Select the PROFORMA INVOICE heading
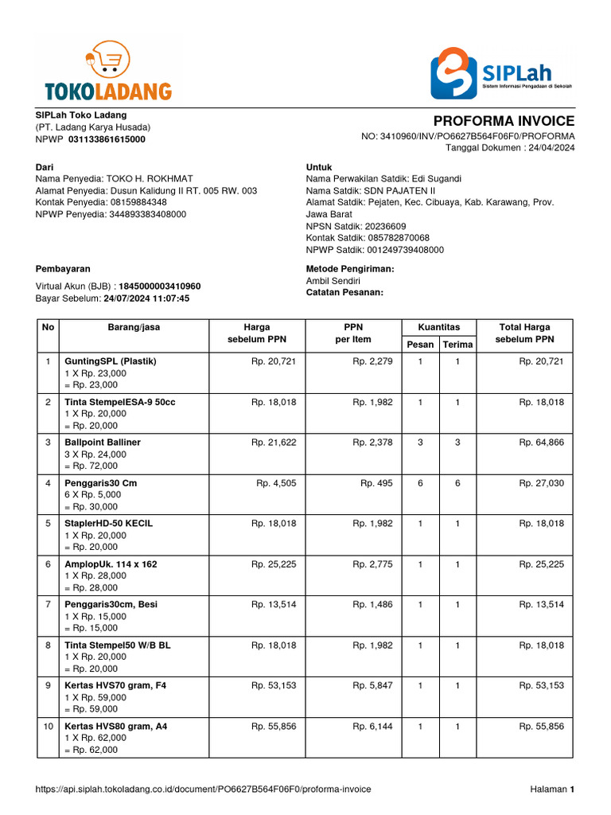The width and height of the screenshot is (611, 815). pyautogui.click(x=503, y=121)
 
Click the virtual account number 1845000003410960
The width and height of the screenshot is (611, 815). pyautogui.click(x=160, y=287)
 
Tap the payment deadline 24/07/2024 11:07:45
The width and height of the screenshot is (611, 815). pyautogui.click(x=146, y=298)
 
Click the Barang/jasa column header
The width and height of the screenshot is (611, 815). pyautogui.click(x=134, y=327)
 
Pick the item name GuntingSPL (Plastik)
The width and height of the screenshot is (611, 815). pyautogui.click(x=111, y=361)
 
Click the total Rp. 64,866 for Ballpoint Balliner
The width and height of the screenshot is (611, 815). pyautogui.click(x=541, y=442)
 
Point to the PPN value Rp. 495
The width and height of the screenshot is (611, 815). pyautogui.click(x=376, y=482)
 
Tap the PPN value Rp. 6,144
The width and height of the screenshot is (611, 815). pyautogui.click(x=372, y=727)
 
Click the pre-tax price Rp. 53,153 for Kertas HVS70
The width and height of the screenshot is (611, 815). pyautogui.click(x=274, y=685)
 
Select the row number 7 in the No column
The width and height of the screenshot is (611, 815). pyautogui.click(x=48, y=604)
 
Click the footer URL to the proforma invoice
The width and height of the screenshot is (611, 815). pyautogui.click(x=204, y=789)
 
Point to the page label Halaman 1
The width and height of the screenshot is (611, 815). pyautogui.click(x=552, y=789)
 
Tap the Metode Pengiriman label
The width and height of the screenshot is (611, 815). pyautogui.click(x=350, y=269)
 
